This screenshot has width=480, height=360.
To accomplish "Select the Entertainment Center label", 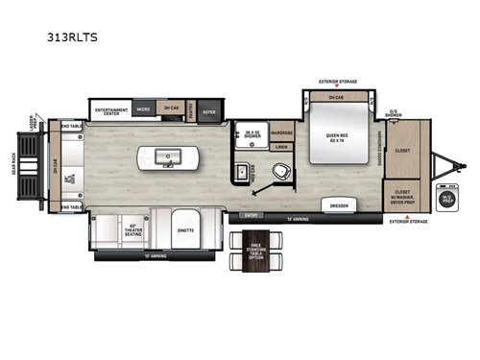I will pyautogui.click(x=111, y=110).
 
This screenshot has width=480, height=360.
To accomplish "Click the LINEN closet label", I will pyautogui.click(x=280, y=147).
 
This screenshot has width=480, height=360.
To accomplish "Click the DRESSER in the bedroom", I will pyautogui.click(x=339, y=206).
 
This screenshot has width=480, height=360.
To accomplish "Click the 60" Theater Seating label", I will pyautogui.click(x=135, y=230).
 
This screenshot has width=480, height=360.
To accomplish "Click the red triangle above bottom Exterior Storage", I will pyautogui.click(x=408, y=219).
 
